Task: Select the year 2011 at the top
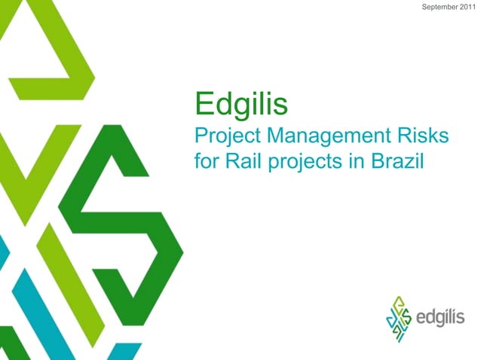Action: pos(468,7)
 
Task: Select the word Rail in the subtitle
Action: pos(240,162)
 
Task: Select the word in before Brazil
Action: pos(353,162)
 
